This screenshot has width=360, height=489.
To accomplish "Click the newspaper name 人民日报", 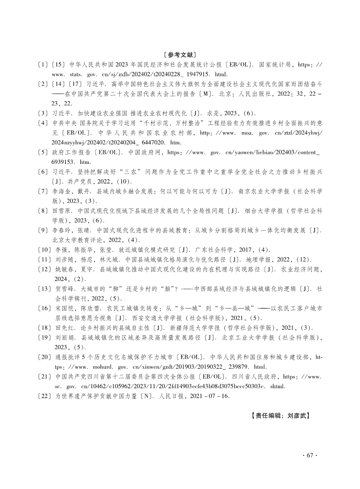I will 182,395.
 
